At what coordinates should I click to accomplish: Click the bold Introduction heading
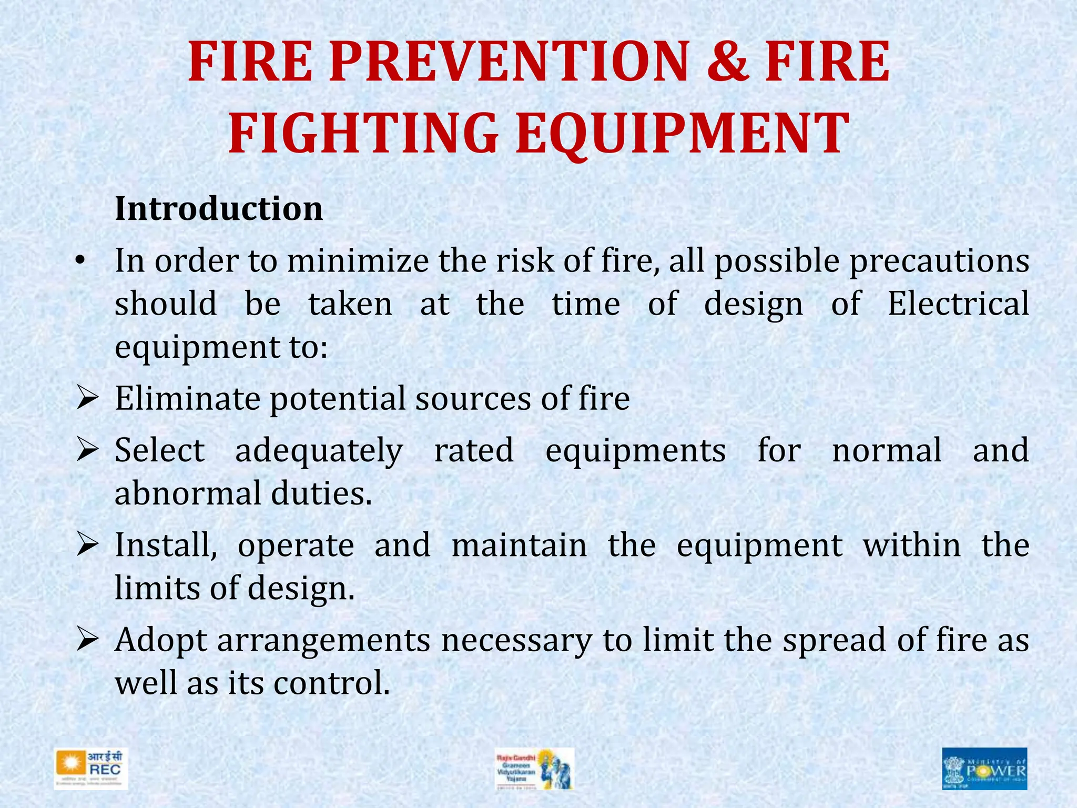[219, 209]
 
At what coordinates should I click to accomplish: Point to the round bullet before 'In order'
[79, 261]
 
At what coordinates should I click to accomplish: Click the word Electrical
[958, 304]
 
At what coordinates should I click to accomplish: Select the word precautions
[939, 261]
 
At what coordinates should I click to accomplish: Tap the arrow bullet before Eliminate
[86, 398]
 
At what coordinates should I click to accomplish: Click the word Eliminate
[187, 398]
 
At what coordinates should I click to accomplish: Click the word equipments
[635, 451]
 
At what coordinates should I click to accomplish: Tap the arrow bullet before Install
[86, 545]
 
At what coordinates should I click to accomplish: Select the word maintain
[519, 545]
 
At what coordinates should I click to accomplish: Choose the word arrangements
[323, 641]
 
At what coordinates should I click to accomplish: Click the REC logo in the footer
[91, 769]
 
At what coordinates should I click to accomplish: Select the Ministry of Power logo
[984, 769]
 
